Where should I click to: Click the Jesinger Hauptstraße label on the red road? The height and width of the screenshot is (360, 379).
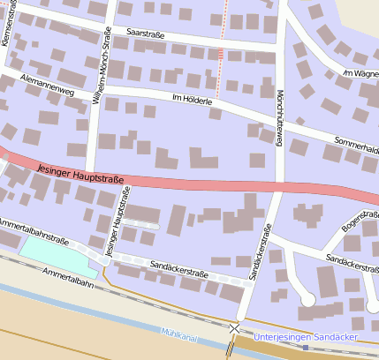coord(81,170)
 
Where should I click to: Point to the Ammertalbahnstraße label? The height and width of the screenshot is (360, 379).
coord(34,230)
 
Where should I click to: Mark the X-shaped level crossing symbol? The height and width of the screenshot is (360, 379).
coord(234,328)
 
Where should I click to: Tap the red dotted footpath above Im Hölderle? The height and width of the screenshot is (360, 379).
coord(221,53)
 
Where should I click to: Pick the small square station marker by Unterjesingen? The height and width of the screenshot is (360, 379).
coord(306,347)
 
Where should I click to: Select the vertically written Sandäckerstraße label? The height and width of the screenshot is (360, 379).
coord(260,252)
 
